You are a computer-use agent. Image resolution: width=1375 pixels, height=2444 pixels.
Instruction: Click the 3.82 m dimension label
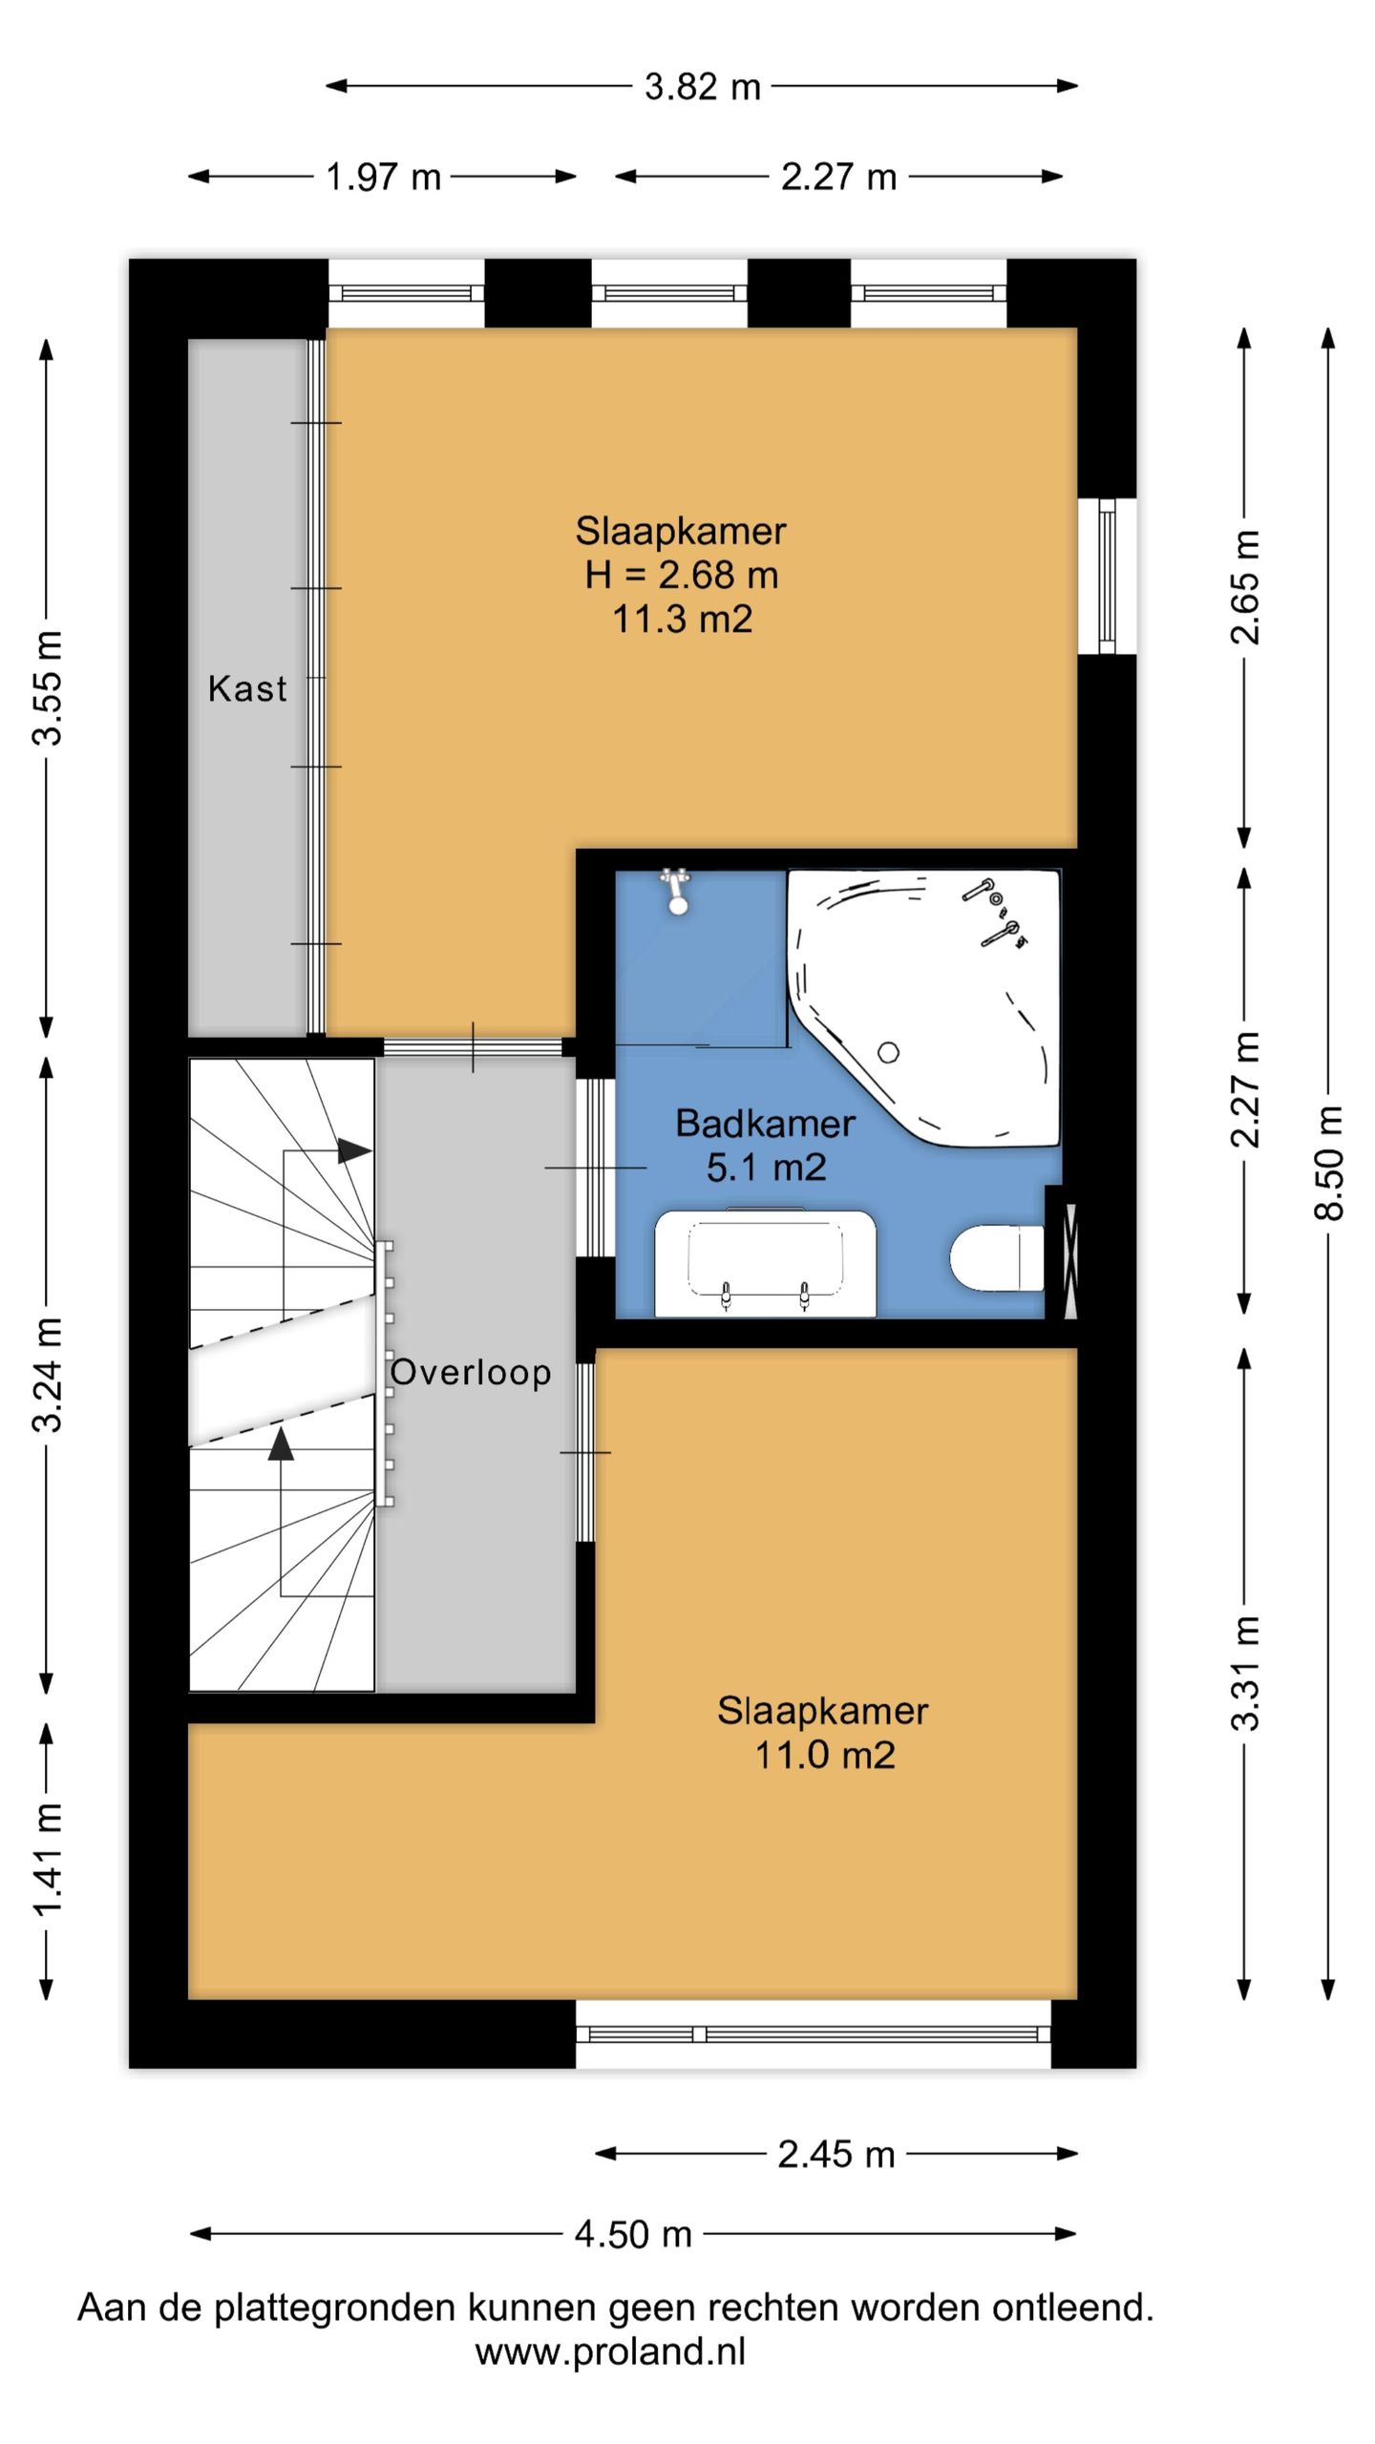coord(703,87)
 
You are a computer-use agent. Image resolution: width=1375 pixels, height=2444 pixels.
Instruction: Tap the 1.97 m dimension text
coord(384,177)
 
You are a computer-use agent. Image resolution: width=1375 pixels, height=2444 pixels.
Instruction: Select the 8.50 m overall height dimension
coord(1328,1162)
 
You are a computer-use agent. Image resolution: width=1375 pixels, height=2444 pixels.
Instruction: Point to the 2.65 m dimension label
coord(1244,586)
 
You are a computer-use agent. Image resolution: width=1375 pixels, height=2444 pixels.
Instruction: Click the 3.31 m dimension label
coord(1244,1674)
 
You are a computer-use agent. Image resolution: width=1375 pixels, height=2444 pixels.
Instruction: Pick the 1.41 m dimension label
coord(47,1860)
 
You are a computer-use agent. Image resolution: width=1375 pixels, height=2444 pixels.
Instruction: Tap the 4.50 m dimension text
coord(633,2234)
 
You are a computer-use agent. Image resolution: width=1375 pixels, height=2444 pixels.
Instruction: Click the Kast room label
coord(247,688)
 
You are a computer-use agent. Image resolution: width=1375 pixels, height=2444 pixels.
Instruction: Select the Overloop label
coord(471,1372)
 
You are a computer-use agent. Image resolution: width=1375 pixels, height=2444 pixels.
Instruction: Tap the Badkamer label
coord(765,1123)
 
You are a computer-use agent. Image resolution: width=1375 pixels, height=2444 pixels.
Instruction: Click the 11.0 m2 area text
coord(825,1755)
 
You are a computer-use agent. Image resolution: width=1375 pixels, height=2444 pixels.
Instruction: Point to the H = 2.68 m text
coord(682,575)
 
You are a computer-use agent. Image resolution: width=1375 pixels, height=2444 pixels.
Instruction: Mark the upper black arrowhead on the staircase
coord(354,1151)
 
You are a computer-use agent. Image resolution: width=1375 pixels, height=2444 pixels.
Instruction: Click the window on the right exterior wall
coord(1107,576)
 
